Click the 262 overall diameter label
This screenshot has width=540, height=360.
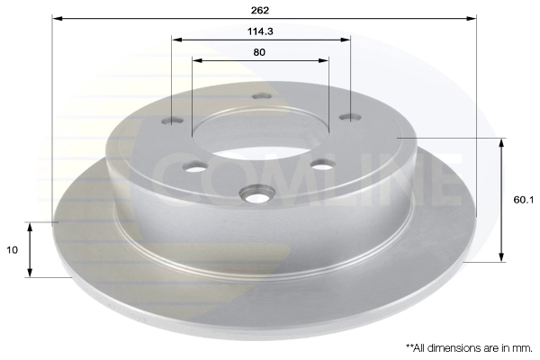260,10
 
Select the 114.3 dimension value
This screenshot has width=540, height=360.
260,31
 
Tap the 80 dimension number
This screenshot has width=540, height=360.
259,52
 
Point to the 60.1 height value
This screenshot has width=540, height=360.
524,200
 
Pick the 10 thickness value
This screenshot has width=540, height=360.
12,250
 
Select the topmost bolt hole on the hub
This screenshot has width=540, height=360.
261,96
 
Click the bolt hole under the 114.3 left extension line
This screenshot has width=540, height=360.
173,121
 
